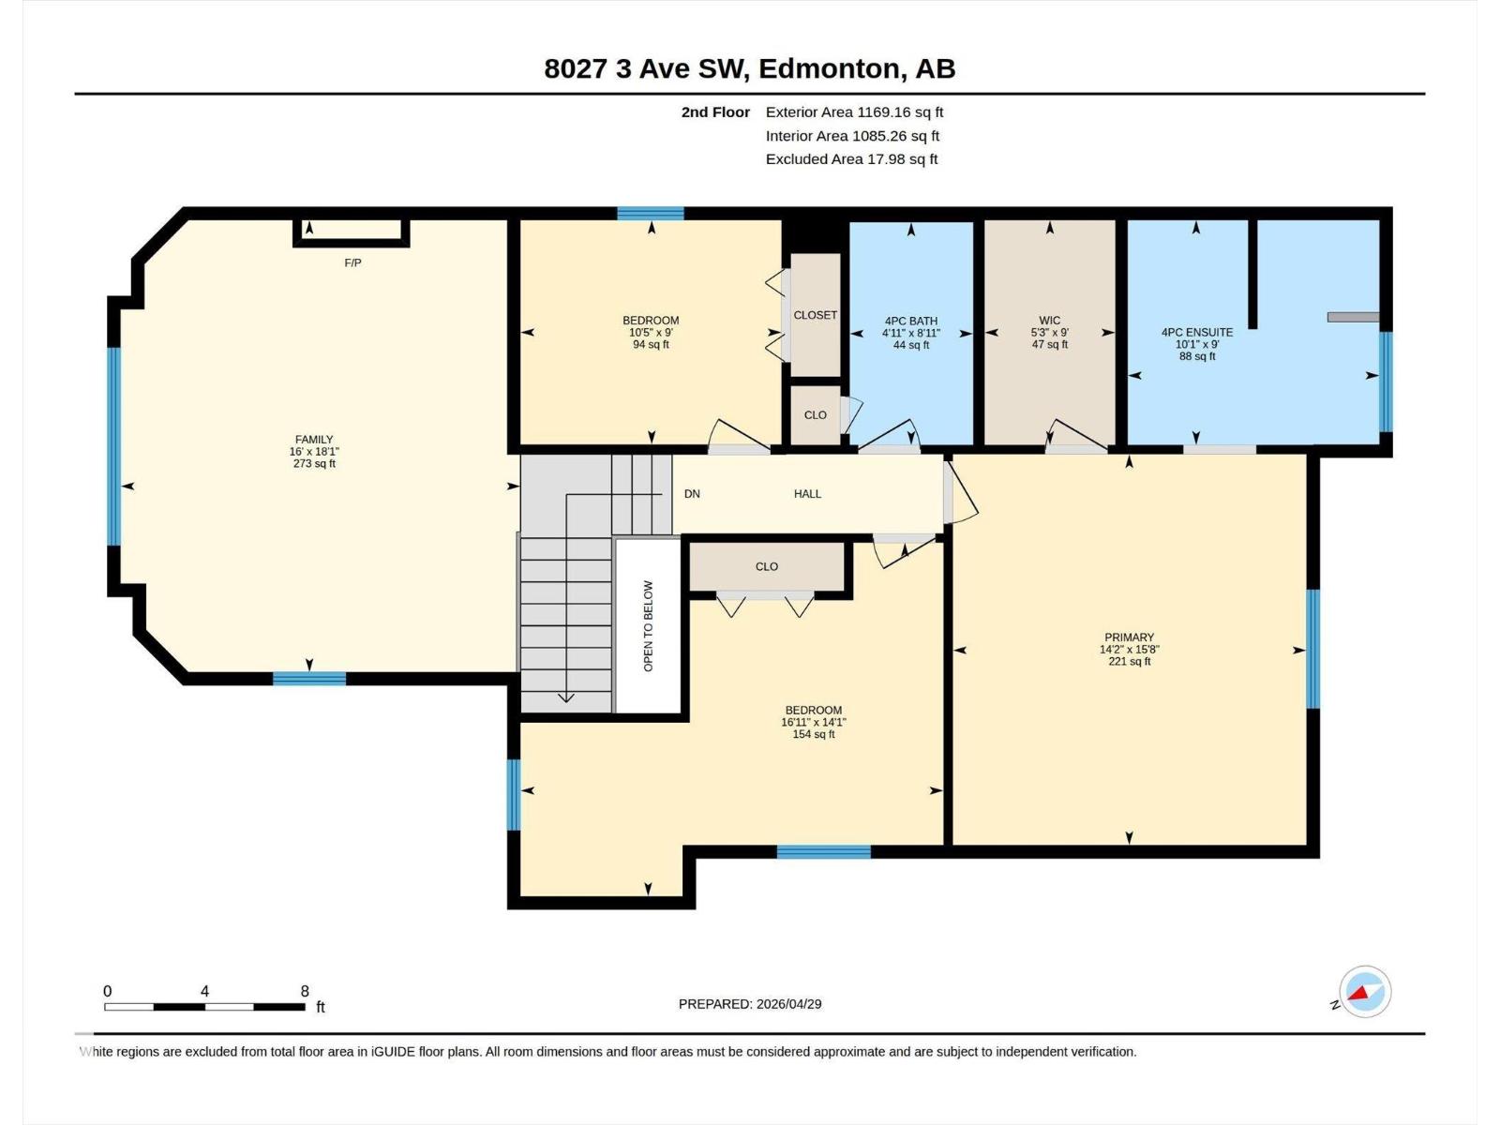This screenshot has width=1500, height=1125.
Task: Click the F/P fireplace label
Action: coord(352,263)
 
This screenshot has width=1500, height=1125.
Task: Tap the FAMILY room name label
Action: coord(314,440)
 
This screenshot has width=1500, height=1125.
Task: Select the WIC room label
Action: coord(1049,321)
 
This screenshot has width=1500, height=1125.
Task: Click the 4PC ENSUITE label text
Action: coord(1196,332)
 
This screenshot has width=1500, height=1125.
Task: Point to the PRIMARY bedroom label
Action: coord(1129,637)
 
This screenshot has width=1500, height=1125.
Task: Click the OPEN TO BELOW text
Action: coord(648,625)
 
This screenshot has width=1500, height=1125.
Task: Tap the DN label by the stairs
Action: coord(692,494)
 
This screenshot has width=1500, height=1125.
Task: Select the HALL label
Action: coord(807,494)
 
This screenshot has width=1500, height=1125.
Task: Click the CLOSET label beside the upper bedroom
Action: coord(815,315)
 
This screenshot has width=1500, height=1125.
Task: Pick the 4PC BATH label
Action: coord(910,321)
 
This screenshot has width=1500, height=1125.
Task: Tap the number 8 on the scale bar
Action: coord(305,991)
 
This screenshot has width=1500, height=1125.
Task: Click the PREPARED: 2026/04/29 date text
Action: coord(750,1004)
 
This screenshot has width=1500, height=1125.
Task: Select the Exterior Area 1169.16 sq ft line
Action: coord(854,112)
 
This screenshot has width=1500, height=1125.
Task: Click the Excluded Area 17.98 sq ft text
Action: coord(851,159)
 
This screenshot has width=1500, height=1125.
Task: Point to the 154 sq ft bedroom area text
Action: coord(813,735)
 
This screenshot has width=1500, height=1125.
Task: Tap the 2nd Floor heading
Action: coord(715,112)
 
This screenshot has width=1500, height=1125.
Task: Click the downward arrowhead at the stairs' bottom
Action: coord(566,697)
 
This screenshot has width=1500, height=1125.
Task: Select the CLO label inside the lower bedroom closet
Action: coord(766,566)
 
